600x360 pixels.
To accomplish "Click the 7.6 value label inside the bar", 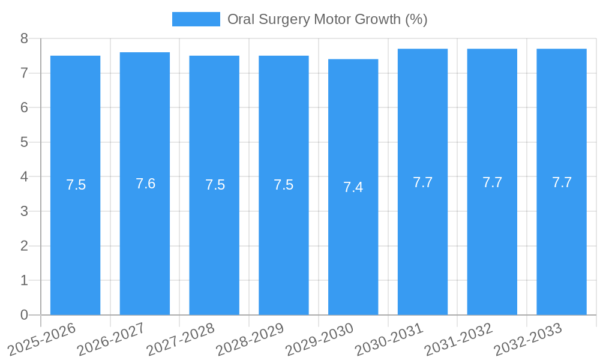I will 145,184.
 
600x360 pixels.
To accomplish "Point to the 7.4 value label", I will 353,187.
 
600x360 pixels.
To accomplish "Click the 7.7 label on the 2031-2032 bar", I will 492,182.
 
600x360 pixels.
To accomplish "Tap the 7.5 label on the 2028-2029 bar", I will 284,185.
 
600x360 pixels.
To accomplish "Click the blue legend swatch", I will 196,19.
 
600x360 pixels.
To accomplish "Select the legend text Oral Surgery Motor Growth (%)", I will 327,19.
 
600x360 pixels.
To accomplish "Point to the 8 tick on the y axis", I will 24,38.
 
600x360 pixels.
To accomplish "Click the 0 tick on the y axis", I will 24,315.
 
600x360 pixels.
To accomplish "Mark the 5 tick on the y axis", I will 24,142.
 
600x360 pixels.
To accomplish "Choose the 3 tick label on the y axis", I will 24,211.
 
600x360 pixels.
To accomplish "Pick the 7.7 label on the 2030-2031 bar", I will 422,182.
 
